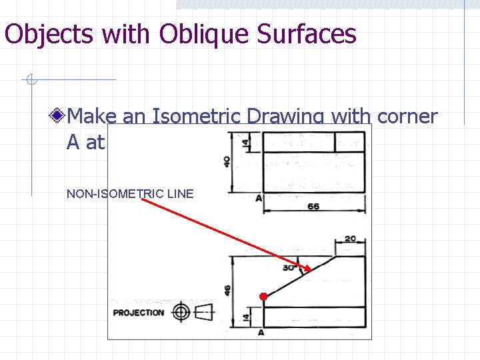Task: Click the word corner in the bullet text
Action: tap(407, 116)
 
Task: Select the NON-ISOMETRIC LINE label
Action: tap(130, 194)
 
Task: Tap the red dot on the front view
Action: tap(263, 296)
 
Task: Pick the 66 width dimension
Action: tap(313, 207)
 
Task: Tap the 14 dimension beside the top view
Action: tap(245, 143)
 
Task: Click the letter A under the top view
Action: tap(258, 199)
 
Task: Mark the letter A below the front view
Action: tap(261, 332)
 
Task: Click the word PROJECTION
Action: tap(139, 313)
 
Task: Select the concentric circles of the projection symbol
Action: tap(180, 312)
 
